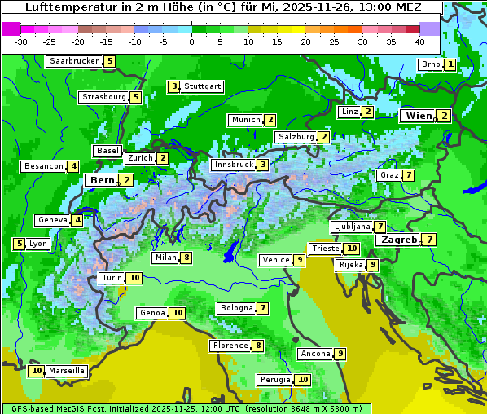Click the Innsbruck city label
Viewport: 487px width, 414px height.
tap(232, 165)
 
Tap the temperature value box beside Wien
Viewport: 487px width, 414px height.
tap(444, 116)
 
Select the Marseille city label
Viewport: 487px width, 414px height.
tap(67, 371)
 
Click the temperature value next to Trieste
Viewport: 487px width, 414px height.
tap(351, 249)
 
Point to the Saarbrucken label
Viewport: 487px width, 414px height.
tap(75, 61)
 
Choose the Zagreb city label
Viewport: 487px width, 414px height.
tap(399, 240)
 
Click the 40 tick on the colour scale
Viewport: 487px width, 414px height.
tap(419, 42)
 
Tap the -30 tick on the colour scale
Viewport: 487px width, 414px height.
tap(21, 42)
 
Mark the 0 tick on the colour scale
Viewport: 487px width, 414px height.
tap(191, 42)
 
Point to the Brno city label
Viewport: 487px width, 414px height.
tap(430, 64)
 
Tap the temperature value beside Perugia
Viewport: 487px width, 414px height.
tap(303, 380)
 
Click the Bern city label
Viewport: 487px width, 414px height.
tap(102, 180)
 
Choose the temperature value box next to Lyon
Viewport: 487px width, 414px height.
tap(19, 244)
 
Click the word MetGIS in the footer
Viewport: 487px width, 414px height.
tap(68, 408)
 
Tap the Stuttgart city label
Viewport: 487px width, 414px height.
tap(203, 86)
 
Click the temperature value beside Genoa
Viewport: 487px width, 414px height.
tap(178, 313)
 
